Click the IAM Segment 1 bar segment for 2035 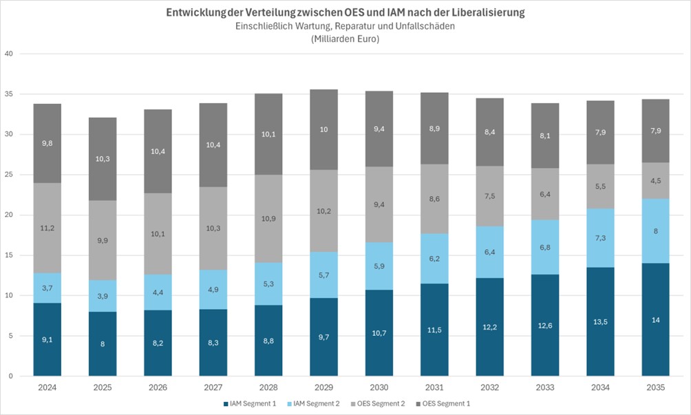(x=655, y=319)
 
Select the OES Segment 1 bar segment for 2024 (x=47, y=143)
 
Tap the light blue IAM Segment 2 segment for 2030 (x=379, y=266)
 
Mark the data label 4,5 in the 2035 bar (x=655, y=181)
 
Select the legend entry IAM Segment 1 (x=251, y=403)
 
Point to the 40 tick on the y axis (x=8, y=54)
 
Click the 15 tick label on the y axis (x=8, y=255)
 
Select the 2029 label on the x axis (x=324, y=387)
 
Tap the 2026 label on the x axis (x=158, y=387)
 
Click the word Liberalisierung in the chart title (x=482, y=12)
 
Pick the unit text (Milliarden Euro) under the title (x=345, y=39)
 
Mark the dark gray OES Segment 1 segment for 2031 (x=434, y=128)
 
